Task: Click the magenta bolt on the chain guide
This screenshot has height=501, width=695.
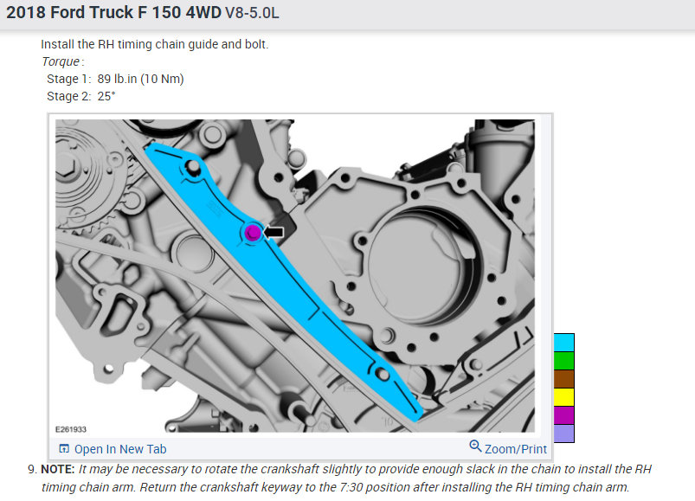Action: click(x=253, y=232)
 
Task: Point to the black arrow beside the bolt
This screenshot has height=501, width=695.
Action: click(x=273, y=232)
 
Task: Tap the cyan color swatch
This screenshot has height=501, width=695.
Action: click(x=563, y=343)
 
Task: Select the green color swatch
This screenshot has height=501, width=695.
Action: click(x=563, y=361)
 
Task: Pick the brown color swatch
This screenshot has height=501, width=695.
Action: click(x=563, y=379)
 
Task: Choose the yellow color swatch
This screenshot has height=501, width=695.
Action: click(x=563, y=397)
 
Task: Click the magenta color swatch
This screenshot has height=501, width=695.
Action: click(x=563, y=415)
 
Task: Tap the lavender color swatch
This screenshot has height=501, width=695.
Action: click(x=563, y=434)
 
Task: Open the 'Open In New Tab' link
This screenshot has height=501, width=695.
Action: click(x=120, y=449)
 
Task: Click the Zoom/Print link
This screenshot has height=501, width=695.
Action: click(x=516, y=449)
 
